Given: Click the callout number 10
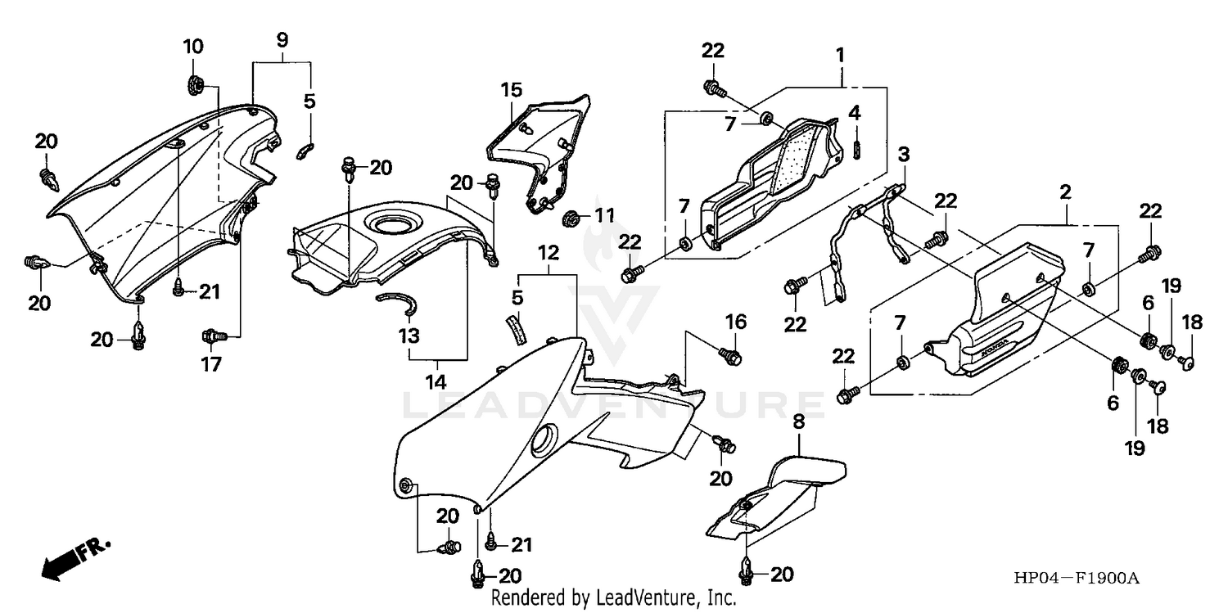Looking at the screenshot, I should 192,46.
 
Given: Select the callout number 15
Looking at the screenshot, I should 511,89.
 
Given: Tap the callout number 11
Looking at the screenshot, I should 603,217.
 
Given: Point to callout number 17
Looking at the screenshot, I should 212,364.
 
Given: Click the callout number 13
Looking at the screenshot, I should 409,336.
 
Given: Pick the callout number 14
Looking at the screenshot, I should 437,381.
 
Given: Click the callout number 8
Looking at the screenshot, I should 798,423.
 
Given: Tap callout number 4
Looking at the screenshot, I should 855,112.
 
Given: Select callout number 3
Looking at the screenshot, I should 903,154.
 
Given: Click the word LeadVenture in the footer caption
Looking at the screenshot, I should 651,599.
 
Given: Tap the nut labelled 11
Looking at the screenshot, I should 572,218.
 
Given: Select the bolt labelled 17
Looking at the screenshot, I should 213,336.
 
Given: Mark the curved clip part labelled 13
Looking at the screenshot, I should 399,302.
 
